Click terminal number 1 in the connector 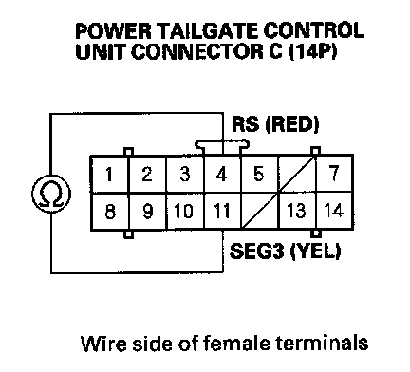pyautogui.click(x=109, y=174)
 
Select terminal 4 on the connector pyautogui.click(x=221, y=174)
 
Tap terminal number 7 pyautogui.click(x=334, y=174)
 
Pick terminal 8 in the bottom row pyautogui.click(x=110, y=211)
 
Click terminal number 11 pyautogui.click(x=221, y=211)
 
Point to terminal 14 pyautogui.click(x=334, y=211)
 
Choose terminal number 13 pyautogui.click(x=296, y=211)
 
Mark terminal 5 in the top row pyautogui.click(x=258, y=174)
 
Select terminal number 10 pyautogui.click(x=184, y=211)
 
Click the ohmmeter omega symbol pyautogui.click(x=51, y=194)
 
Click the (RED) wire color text pyautogui.click(x=291, y=124)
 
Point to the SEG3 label pyautogui.click(x=256, y=251)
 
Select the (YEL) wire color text pyautogui.click(x=315, y=251)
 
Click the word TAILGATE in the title pyautogui.click(x=208, y=31)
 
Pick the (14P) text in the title pyautogui.click(x=312, y=51)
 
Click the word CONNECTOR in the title pyautogui.click(x=196, y=51)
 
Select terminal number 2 pyautogui.click(x=147, y=174)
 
